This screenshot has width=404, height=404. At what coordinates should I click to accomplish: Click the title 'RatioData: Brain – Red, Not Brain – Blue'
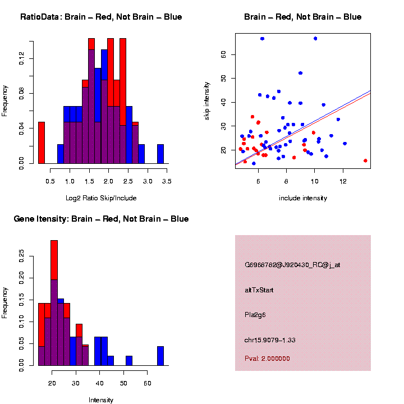(x=101, y=17)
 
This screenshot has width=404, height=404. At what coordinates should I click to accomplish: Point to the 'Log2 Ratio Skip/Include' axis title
(x=101, y=198)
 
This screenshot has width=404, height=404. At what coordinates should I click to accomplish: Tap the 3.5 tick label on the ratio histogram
(x=167, y=182)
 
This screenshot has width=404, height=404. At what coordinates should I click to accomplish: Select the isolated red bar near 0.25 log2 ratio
(x=42, y=143)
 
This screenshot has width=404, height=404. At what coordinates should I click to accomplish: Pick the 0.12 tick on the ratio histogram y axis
(x=22, y=58)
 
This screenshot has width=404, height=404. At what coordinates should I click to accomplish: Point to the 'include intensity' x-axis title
(x=303, y=198)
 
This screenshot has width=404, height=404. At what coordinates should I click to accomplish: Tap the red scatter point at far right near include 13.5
(x=365, y=160)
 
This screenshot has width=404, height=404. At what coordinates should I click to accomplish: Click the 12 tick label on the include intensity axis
(x=343, y=182)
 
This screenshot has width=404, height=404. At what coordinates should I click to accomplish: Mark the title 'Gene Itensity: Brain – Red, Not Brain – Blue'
(x=101, y=219)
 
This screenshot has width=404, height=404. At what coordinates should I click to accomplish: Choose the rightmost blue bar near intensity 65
(x=160, y=356)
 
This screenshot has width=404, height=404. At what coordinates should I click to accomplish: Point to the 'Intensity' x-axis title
(x=101, y=400)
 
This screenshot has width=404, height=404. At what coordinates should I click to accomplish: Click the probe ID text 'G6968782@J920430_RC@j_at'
(x=292, y=265)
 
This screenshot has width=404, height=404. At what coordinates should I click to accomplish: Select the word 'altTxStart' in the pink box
(x=259, y=290)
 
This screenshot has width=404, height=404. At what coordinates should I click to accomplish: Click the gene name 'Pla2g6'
(x=255, y=315)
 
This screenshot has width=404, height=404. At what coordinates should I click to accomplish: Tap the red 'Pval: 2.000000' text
(x=268, y=359)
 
